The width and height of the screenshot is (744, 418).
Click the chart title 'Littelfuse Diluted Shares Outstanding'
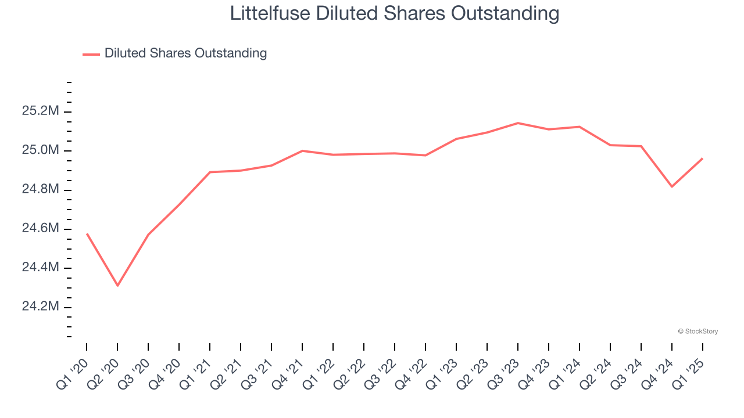click(x=395, y=13)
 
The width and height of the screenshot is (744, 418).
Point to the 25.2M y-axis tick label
click(x=40, y=111)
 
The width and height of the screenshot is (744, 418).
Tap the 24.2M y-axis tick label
click(x=40, y=307)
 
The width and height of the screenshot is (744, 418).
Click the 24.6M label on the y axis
click(x=40, y=229)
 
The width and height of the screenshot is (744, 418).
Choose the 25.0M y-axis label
click(x=40, y=151)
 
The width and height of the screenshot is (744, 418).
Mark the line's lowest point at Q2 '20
click(x=117, y=286)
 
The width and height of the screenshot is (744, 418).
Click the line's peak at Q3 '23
click(x=518, y=123)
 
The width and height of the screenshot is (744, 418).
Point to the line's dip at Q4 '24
click(x=672, y=186)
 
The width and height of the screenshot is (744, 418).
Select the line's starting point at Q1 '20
click(x=87, y=233)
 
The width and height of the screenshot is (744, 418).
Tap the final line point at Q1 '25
click(x=703, y=158)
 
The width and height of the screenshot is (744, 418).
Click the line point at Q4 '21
click(x=302, y=150)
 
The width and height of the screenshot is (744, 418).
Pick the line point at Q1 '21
click(x=210, y=172)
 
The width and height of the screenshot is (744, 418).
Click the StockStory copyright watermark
click(x=697, y=331)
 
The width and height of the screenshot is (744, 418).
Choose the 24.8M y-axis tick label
click(x=40, y=190)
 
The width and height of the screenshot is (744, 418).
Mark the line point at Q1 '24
click(x=580, y=127)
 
